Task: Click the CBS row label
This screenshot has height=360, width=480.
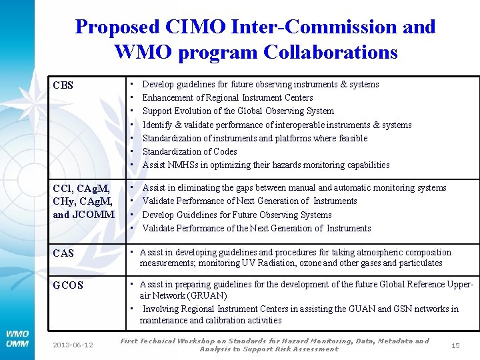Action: point(63,85)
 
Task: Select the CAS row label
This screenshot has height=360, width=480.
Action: point(63,253)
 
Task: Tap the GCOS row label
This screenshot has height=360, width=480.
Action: point(68,285)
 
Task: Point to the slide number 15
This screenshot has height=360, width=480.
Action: point(455,345)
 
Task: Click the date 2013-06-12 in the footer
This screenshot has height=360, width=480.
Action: point(73,345)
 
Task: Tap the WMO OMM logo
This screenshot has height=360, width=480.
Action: point(17,339)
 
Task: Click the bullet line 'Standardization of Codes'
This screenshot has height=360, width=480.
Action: point(189,151)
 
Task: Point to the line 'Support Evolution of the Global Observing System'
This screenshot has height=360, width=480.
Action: point(238,111)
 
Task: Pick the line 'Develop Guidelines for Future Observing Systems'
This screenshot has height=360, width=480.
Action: point(237,215)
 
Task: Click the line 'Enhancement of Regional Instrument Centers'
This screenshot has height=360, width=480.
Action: point(227,97)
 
